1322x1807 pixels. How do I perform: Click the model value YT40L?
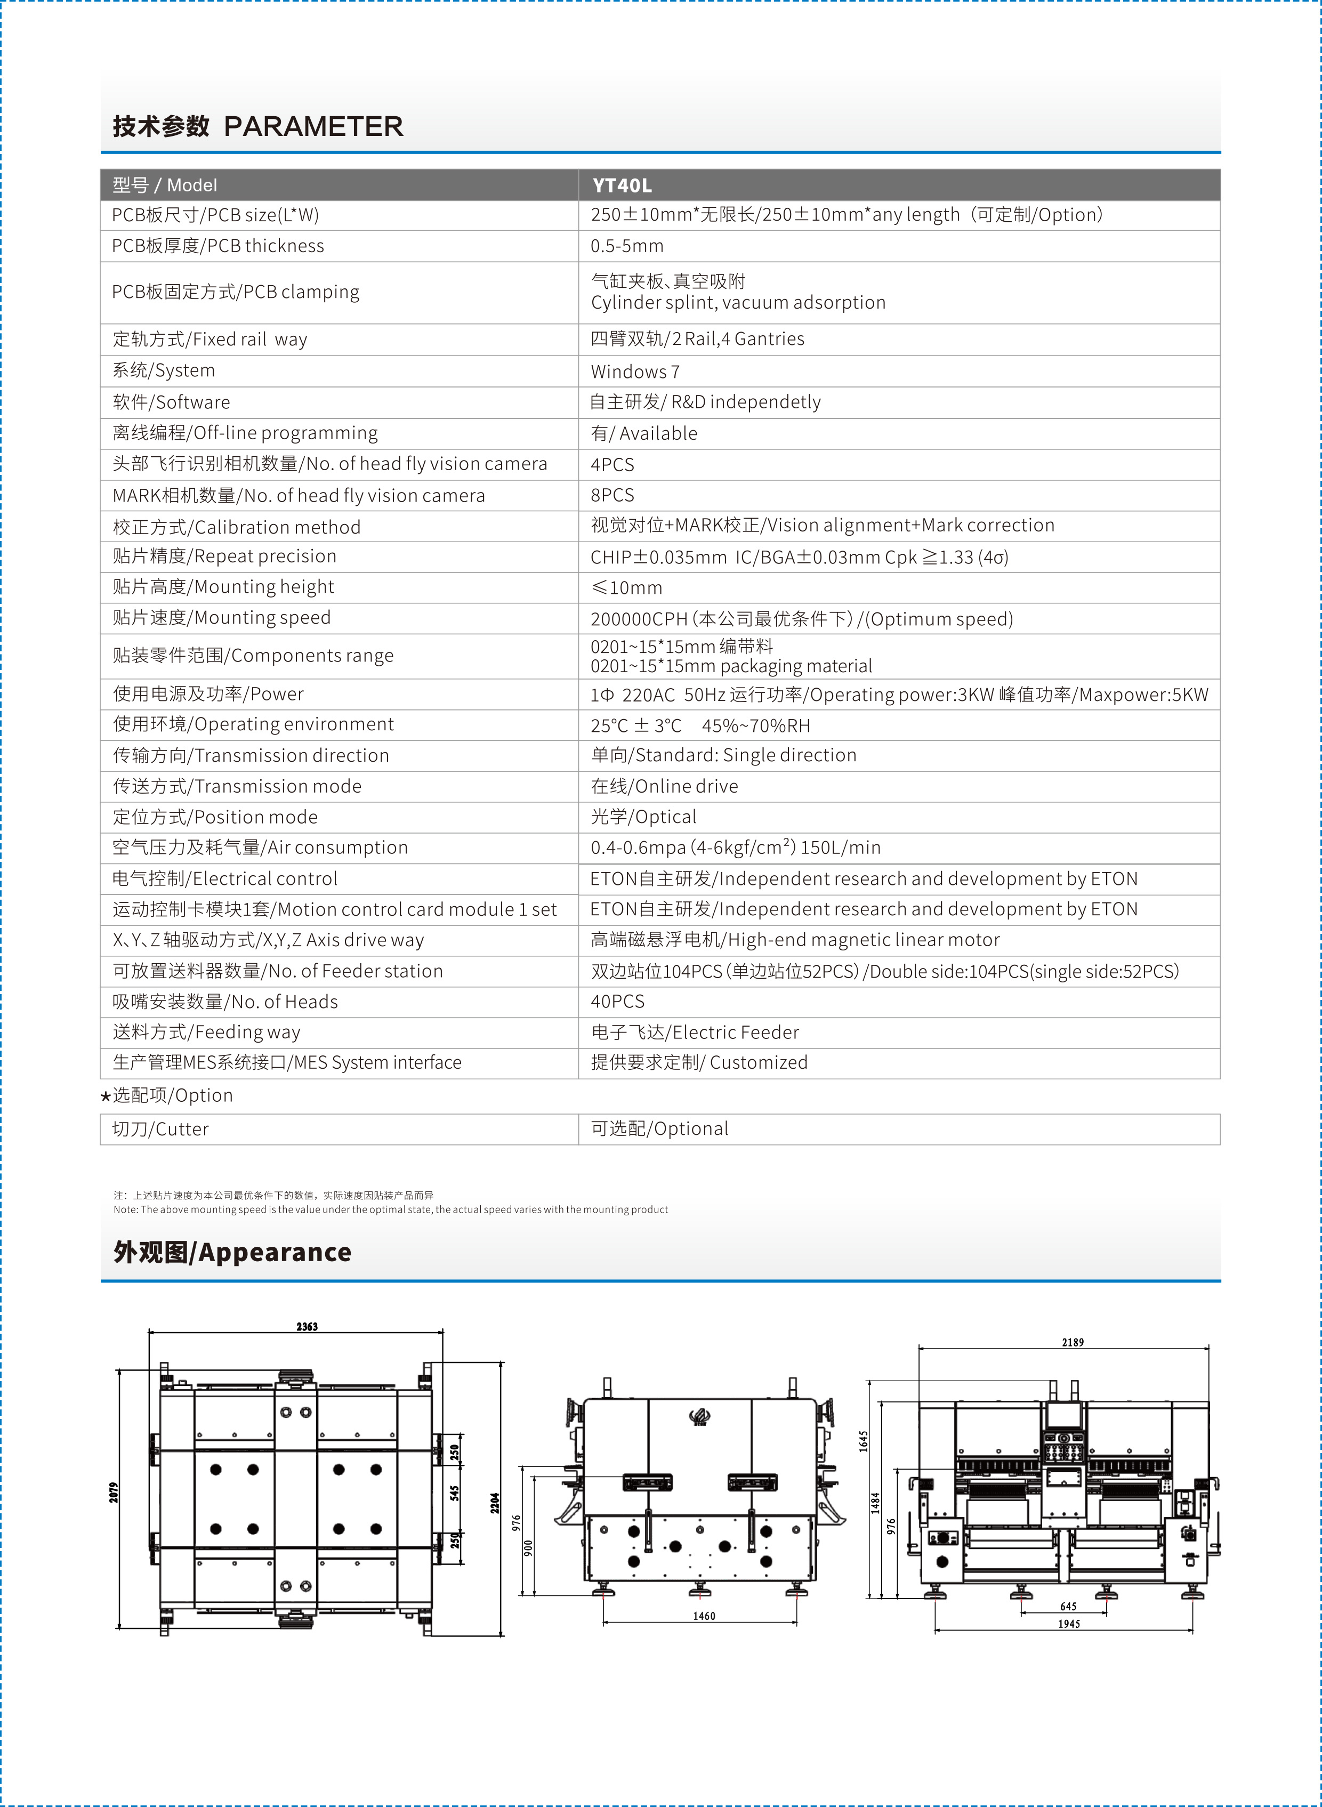point(622,185)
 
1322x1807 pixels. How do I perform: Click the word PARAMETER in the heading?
point(313,126)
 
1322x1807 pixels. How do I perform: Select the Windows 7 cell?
point(634,372)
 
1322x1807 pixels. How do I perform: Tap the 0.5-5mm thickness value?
point(626,246)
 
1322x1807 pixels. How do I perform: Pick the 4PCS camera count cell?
point(612,465)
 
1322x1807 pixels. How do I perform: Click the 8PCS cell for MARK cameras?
point(612,495)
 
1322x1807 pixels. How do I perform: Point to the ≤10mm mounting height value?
point(626,588)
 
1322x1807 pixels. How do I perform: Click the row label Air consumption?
point(260,848)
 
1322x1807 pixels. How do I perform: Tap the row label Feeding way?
point(206,1032)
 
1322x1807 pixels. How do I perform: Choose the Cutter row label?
point(160,1129)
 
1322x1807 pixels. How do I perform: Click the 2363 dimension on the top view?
point(307,1327)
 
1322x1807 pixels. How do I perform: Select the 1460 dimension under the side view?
point(704,1617)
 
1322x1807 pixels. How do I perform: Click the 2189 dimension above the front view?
point(1073,1342)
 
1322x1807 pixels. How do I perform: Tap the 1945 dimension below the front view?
point(1068,1624)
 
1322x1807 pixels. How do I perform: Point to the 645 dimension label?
point(1068,1606)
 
